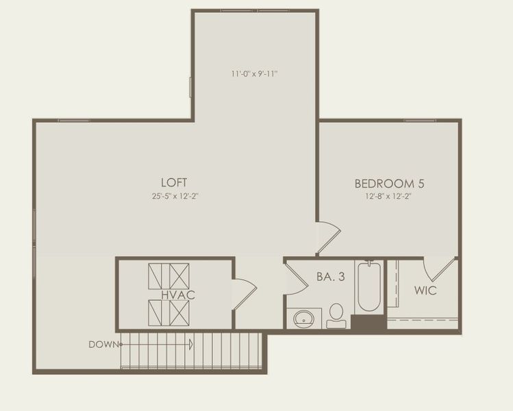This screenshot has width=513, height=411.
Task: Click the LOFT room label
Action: (x=174, y=182)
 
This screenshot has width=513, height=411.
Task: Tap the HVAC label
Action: (x=179, y=295)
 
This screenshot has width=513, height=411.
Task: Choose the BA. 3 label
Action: (x=330, y=277)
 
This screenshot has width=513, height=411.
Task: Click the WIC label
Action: (x=425, y=290)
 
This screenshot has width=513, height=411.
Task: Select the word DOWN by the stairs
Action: (x=103, y=345)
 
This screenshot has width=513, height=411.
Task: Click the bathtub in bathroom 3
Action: (x=368, y=286)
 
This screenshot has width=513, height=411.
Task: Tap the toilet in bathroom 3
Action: (x=336, y=316)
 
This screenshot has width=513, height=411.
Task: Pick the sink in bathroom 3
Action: (x=303, y=318)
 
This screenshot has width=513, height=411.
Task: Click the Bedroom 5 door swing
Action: (x=328, y=237)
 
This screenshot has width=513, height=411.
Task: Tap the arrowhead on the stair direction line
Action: (x=191, y=345)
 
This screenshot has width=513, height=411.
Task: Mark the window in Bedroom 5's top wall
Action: (x=419, y=121)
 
